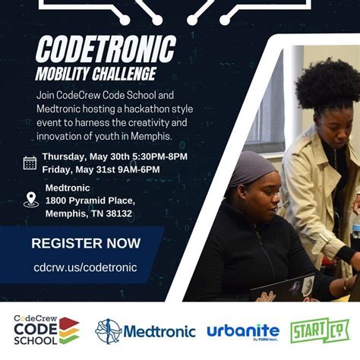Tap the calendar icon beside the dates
tap(30, 163)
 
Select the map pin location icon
tap(30, 200)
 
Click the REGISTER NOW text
tap(86, 243)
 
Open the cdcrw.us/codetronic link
tap(85, 267)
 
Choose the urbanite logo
tap(242, 331)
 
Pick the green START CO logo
tap(319, 331)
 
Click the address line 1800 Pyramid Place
tap(90, 201)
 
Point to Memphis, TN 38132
tap(88, 213)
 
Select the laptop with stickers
tap(283, 288)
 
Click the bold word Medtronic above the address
tap(68, 188)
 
